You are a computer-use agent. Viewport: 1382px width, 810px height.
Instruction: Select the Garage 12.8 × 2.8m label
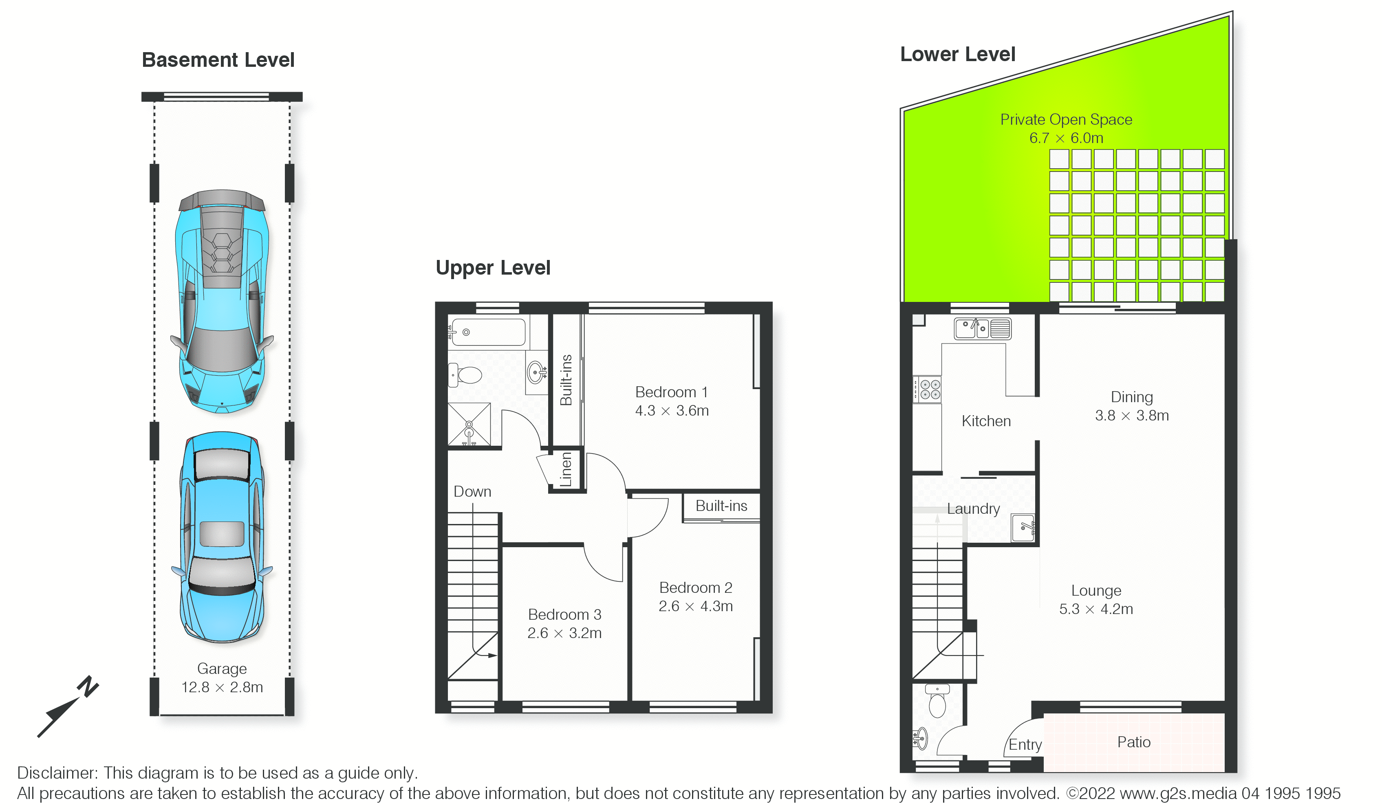[x=222, y=678]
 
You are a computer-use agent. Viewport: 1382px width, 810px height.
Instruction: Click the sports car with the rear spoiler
[x=222, y=301]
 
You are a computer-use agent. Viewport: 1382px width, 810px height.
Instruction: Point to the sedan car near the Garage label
[x=222, y=537]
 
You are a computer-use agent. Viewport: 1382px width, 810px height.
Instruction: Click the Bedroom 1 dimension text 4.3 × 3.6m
[x=672, y=411]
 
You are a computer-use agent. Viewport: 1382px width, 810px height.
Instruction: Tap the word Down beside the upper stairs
[x=472, y=492]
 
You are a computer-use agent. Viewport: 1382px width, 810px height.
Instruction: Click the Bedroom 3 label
[x=565, y=615]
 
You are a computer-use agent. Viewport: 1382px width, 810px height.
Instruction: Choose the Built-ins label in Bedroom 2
[x=721, y=506]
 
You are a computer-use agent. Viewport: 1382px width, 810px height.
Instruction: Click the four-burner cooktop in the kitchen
[x=927, y=390]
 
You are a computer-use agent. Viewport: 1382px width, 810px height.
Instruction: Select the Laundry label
[x=974, y=509]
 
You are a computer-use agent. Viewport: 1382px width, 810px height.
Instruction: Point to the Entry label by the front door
[x=1025, y=745]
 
